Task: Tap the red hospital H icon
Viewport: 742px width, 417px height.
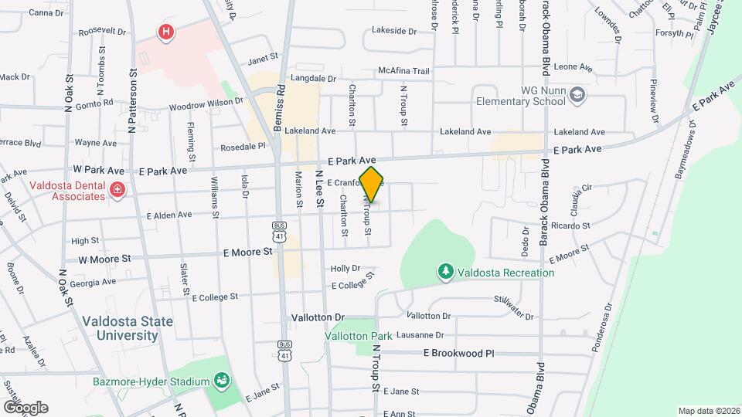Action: (165, 32)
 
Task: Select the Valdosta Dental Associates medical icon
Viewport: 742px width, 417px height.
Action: (117, 190)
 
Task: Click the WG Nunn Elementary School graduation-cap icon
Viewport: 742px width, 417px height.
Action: (577, 95)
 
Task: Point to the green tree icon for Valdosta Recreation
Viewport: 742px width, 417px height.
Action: (445, 272)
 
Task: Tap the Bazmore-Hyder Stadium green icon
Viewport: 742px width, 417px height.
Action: (222, 381)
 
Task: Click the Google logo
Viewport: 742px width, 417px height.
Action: (26, 408)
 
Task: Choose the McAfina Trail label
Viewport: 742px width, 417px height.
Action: (403, 71)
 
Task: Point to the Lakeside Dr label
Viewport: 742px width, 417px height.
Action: (393, 32)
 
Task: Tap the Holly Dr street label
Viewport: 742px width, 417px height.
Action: (345, 269)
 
